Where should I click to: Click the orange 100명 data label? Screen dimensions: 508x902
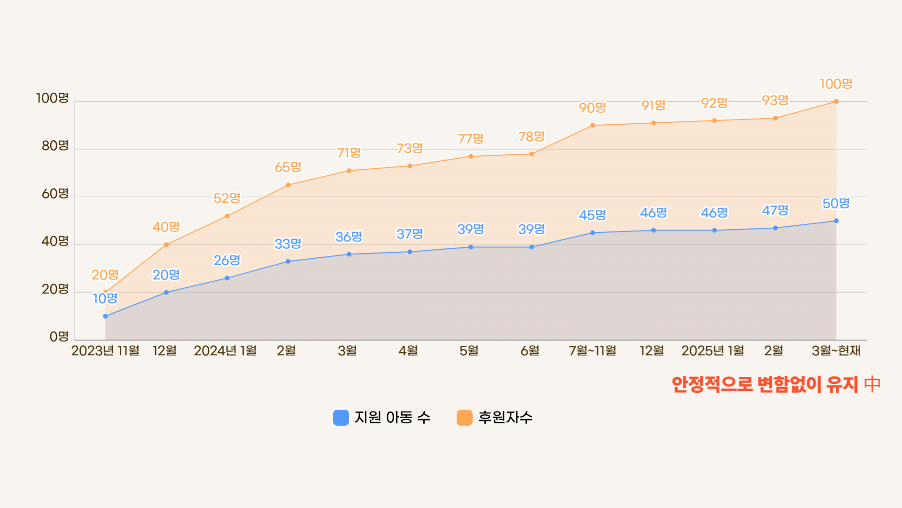point(836,84)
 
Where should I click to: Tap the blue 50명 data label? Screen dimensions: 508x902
point(836,204)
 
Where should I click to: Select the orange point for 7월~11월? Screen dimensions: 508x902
point(592,126)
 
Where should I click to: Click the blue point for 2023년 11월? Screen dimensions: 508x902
point(105,317)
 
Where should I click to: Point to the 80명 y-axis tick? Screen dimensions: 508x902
point(55,146)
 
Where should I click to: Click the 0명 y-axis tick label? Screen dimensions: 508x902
point(59,337)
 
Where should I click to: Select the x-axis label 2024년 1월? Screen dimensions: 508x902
point(225,351)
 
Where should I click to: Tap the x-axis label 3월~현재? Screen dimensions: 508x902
point(836,351)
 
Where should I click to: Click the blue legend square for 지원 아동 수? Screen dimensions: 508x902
point(341,418)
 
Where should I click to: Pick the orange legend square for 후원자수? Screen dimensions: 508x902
point(464,418)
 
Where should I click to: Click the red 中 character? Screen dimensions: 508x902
point(872,384)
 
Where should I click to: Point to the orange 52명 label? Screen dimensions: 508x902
point(227,198)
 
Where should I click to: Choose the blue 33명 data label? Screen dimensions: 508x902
point(288,244)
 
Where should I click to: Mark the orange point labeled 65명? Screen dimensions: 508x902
point(288,185)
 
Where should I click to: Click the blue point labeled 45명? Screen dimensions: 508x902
point(592,233)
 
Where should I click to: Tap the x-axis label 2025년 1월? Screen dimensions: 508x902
point(713,351)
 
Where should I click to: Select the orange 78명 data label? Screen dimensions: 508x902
point(531,137)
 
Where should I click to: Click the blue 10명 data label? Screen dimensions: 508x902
point(105,299)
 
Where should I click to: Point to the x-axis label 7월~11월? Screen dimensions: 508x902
point(592,351)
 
